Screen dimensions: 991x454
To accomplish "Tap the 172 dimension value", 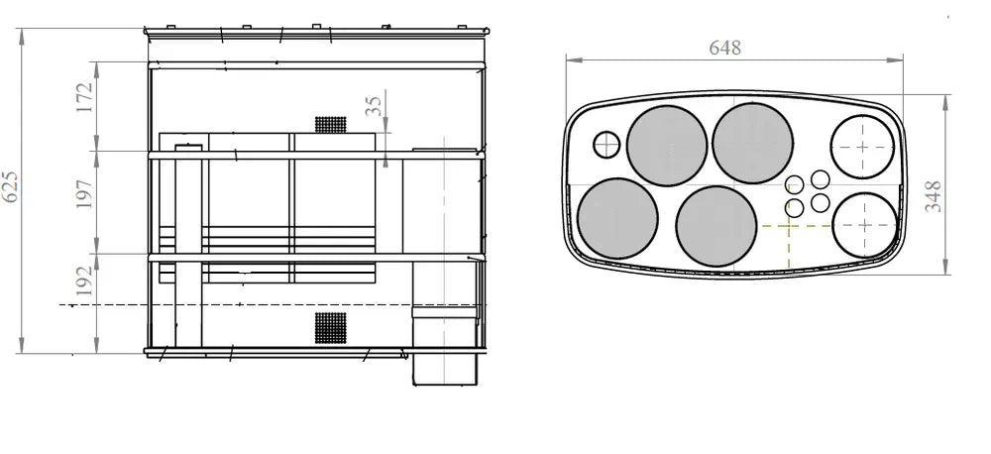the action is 84,97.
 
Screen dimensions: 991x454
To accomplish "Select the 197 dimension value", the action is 84,194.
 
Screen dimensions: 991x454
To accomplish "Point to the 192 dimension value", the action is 84,281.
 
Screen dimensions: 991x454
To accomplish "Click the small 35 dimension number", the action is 374,106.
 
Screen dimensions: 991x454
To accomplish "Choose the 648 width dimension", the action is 724,48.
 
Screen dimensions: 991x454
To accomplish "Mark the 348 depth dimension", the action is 933,196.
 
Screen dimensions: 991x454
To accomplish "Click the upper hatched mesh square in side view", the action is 331,125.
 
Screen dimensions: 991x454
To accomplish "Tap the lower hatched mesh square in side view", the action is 331,328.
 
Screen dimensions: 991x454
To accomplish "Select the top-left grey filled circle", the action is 667,146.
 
